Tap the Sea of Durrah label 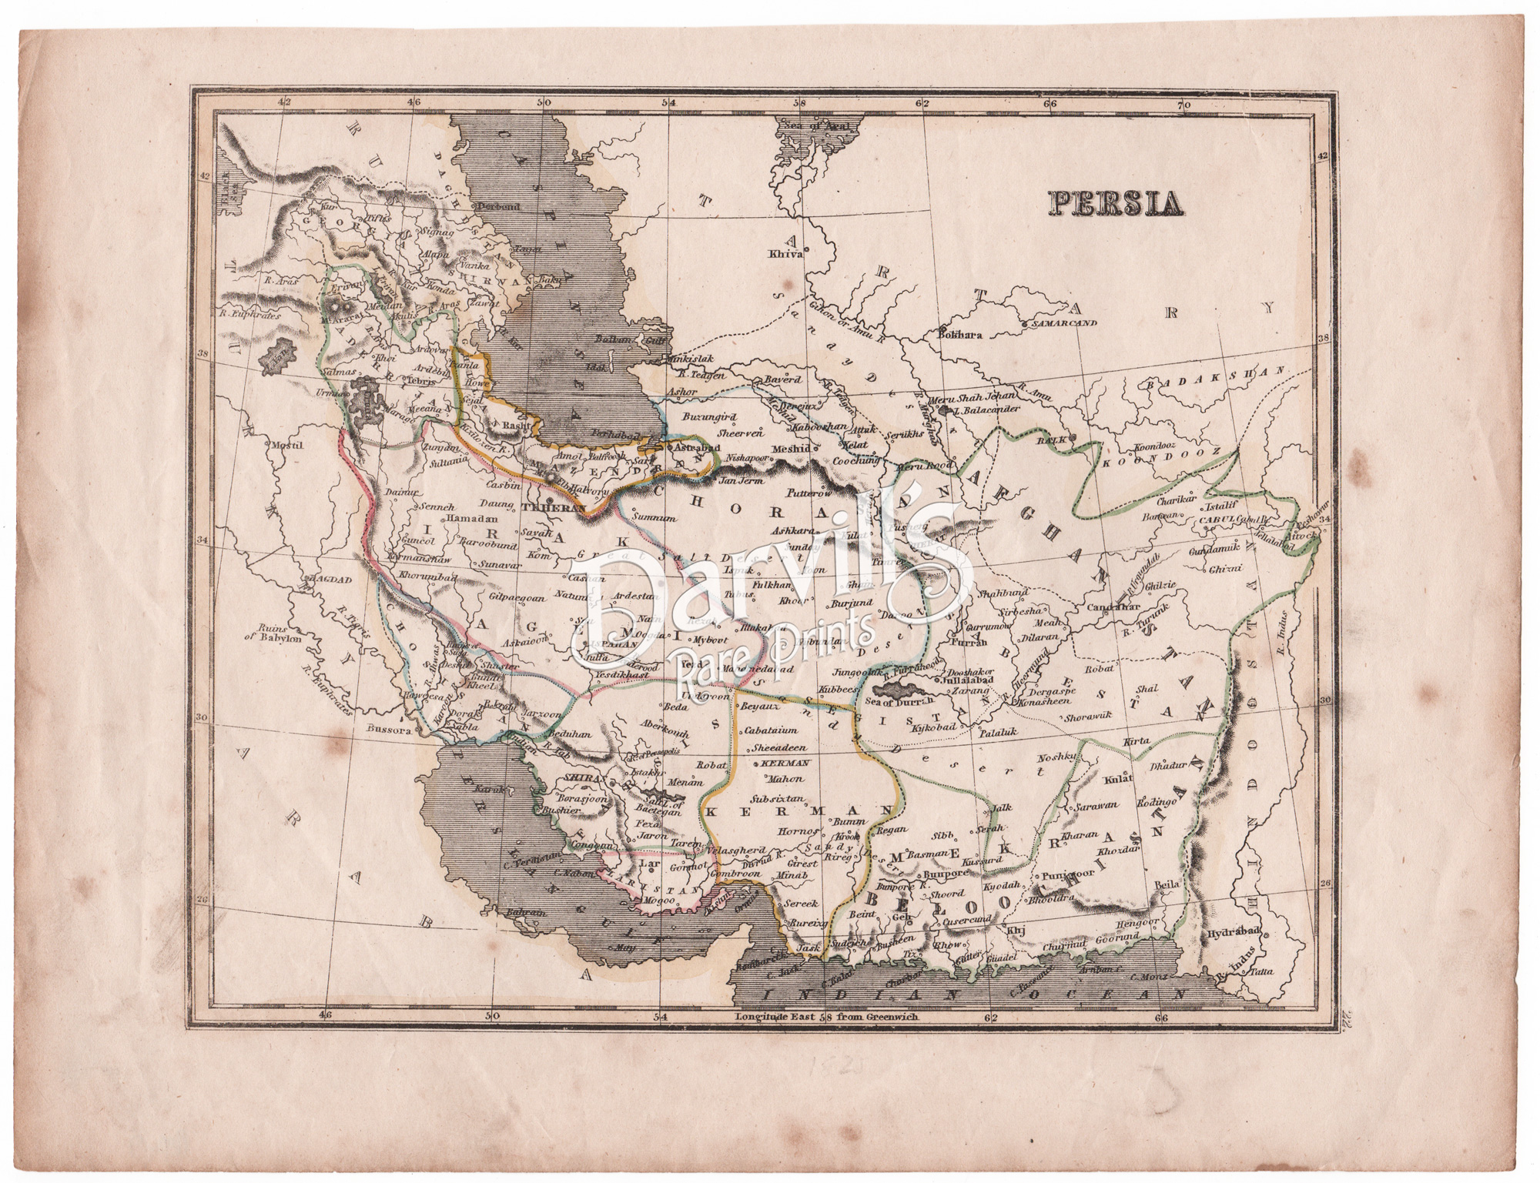pos(899,699)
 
